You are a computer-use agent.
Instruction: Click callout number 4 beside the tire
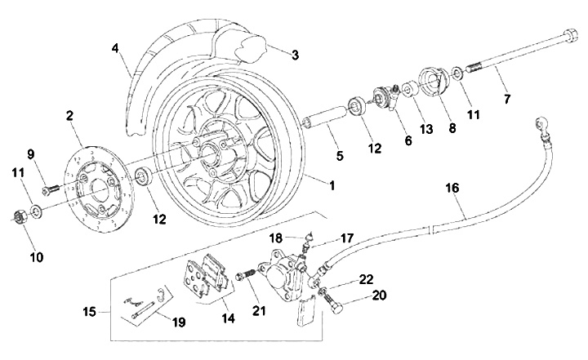point(116,48)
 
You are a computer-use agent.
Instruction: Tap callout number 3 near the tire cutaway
point(294,55)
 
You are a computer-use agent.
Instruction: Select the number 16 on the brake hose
point(452,188)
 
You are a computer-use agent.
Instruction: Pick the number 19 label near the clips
point(178,322)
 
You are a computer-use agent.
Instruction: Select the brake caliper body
point(280,273)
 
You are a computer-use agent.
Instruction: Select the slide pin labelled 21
point(243,278)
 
